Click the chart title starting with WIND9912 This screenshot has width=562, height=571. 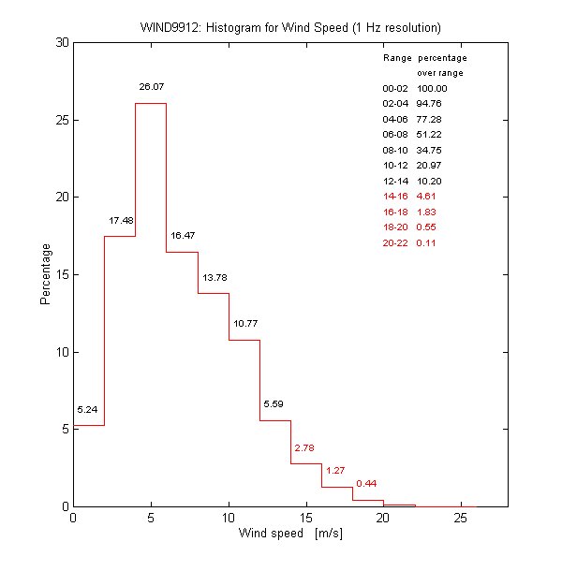point(289,25)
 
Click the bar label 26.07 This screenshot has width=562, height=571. point(151,87)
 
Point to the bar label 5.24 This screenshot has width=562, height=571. point(88,410)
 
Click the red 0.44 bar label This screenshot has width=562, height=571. point(366,483)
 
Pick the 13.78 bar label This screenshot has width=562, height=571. point(214,278)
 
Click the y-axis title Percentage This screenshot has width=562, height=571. point(44,274)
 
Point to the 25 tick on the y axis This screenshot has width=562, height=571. point(58,120)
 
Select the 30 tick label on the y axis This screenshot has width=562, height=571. point(58,43)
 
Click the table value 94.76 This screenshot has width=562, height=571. point(429,104)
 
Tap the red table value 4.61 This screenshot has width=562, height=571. point(426,197)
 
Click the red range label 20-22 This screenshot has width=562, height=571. point(395,242)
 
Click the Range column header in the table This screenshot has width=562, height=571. point(396,58)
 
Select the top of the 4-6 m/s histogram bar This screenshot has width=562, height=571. point(151,103)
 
